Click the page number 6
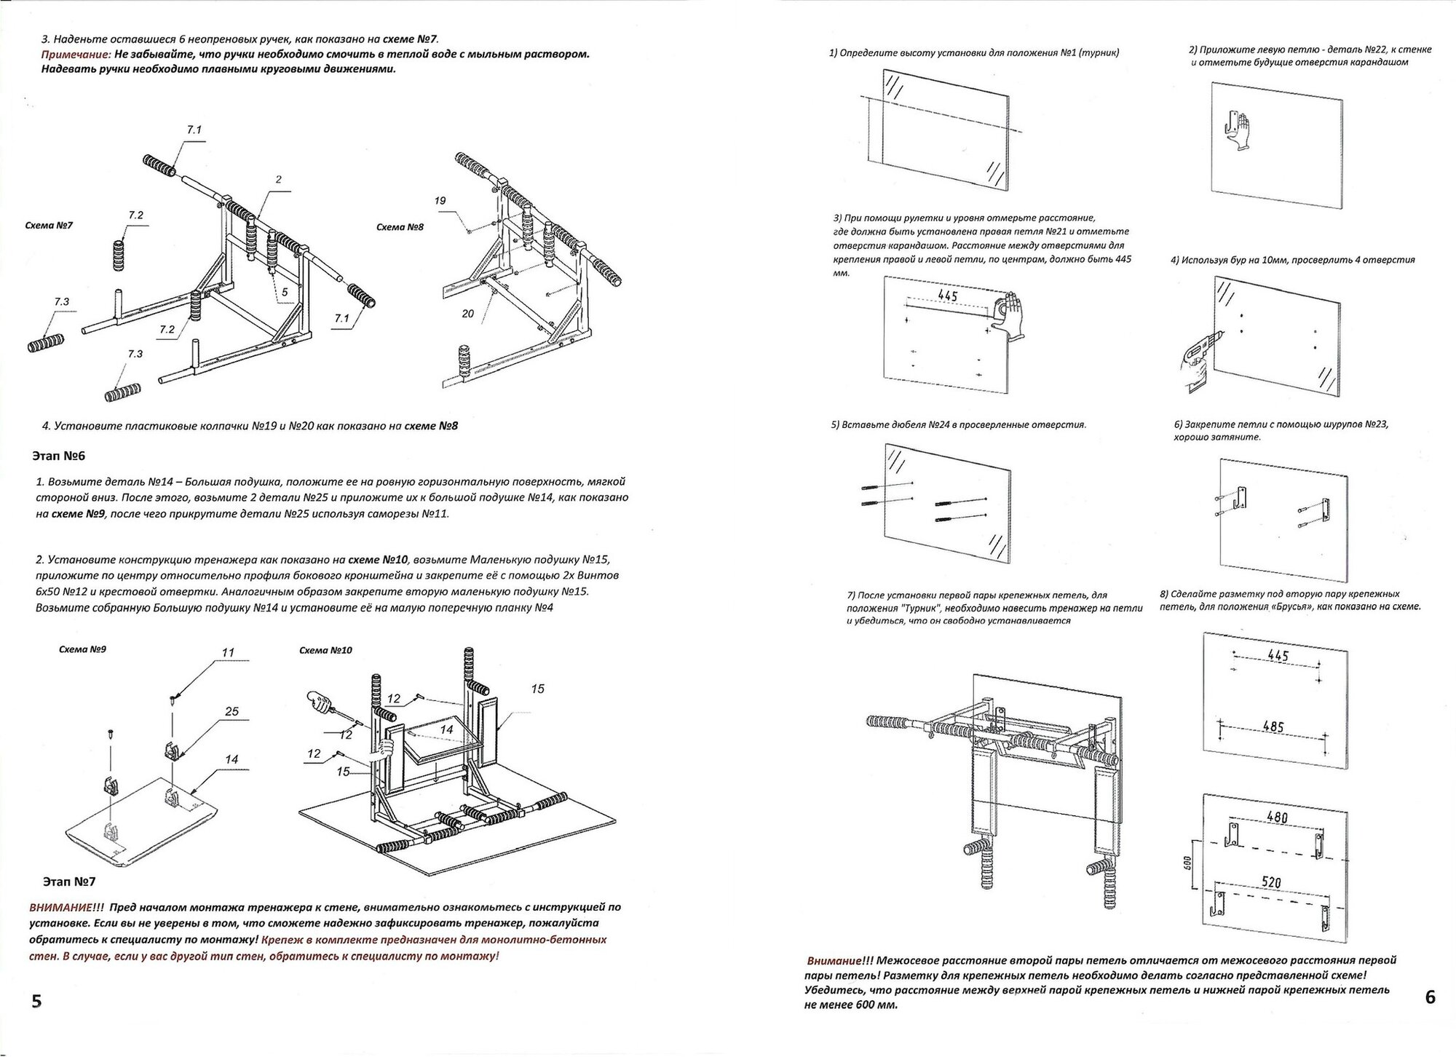coord(1430,997)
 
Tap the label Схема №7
coord(49,226)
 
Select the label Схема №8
coord(400,227)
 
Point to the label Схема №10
coord(325,650)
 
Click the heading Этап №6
coord(59,456)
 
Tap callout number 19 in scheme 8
coord(440,200)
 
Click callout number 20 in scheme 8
coord(467,314)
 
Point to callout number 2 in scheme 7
coord(278,180)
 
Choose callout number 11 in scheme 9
coord(228,653)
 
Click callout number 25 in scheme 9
coord(232,711)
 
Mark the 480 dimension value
coord(1276,818)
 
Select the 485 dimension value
coord(1273,727)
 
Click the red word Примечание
coord(76,55)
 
